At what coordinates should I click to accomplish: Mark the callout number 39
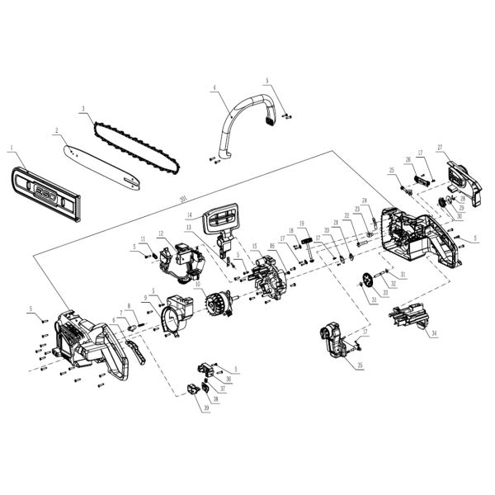[204, 408]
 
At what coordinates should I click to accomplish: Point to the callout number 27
[441, 148]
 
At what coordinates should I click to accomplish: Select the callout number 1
[12, 149]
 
